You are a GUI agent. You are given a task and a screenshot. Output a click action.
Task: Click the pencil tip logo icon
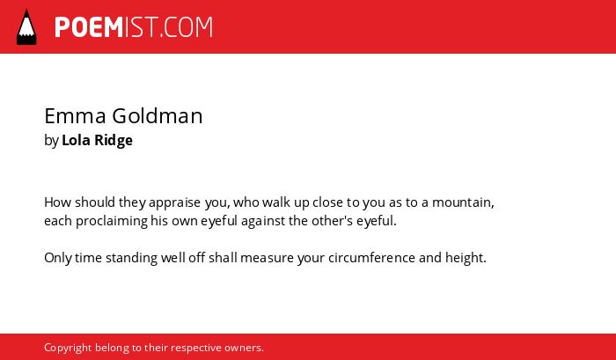click(26, 27)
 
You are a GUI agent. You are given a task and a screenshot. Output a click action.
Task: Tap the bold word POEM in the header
click(89, 27)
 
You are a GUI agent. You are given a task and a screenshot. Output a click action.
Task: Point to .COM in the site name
click(186, 27)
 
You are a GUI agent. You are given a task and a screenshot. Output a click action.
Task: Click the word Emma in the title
click(75, 116)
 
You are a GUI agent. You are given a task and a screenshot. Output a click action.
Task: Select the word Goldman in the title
click(158, 116)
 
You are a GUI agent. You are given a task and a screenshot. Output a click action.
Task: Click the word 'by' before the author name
click(51, 140)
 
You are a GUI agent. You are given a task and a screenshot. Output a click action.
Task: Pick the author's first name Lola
click(76, 140)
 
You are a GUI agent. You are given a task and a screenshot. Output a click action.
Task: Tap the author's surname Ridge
click(114, 140)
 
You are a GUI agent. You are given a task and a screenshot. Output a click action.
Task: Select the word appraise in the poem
click(174, 202)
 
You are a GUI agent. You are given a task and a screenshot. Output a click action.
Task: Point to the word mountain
click(463, 202)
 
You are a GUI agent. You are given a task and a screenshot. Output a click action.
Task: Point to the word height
click(466, 258)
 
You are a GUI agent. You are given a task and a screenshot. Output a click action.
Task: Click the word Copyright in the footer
click(68, 348)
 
